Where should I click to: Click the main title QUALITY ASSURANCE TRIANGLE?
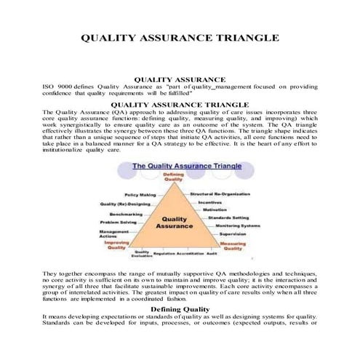[x=180, y=37]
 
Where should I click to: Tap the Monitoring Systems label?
[x=237, y=226]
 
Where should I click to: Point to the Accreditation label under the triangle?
[x=189, y=253]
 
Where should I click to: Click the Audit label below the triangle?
[x=212, y=253]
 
